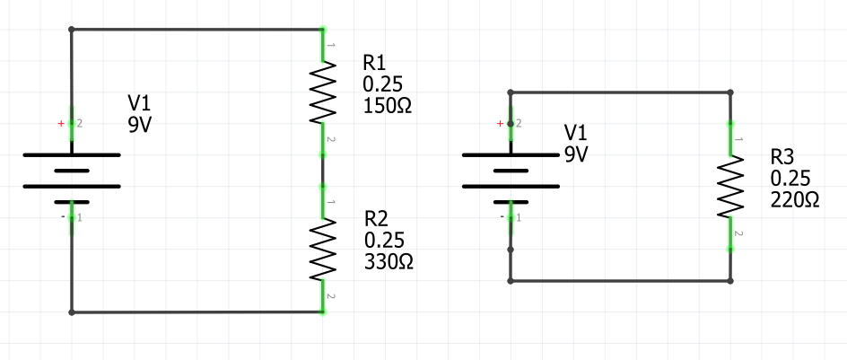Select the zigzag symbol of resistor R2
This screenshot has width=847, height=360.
pos(323,250)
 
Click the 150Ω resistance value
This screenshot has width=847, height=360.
pos(387,105)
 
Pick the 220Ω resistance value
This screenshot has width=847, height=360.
pos(794,200)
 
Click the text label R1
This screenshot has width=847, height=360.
pos(374,63)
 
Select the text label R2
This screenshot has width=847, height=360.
pos(377,219)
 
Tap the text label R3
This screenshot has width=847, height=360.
pos(782,157)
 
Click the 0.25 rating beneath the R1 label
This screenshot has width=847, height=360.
pos(382,84)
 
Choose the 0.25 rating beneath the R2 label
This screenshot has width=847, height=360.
pos(384,240)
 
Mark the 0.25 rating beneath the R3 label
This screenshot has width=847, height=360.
pos(790,179)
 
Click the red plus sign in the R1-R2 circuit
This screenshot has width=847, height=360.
pos(61,123)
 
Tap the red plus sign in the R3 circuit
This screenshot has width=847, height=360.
pos(500,123)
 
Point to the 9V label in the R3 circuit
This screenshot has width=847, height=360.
pos(575,154)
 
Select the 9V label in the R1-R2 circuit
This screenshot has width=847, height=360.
pos(140,125)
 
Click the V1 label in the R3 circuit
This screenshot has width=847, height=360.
pos(577,133)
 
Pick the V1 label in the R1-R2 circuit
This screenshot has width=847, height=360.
pos(142,104)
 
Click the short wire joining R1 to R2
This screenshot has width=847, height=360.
pos(323,170)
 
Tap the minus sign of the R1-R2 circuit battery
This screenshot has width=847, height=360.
pos(63,217)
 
